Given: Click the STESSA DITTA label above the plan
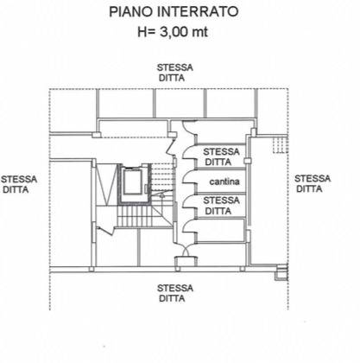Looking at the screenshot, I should (x=175, y=72).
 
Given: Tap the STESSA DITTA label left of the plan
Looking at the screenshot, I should (x=19, y=183).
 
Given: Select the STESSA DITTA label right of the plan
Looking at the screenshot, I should (x=312, y=183).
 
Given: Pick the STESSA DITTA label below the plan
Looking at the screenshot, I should (x=175, y=292).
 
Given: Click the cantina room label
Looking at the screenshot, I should (x=224, y=181).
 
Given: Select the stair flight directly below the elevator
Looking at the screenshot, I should (x=133, y=215).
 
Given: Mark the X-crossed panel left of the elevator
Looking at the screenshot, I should (x=105, y=181).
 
